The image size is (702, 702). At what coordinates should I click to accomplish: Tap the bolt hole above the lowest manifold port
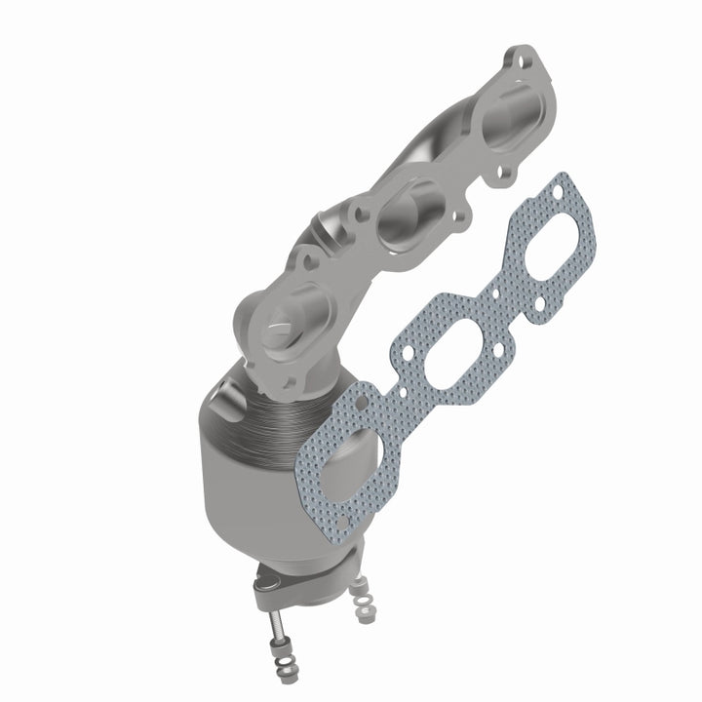pos(311,258)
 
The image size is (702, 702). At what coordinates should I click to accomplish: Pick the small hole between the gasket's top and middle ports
pos(500,290)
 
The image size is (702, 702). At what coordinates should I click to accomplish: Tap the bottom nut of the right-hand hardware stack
pos(366,617)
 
